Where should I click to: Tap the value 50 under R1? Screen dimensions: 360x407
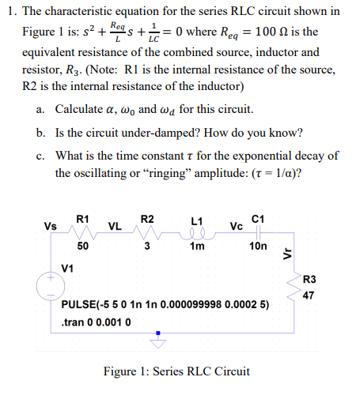pos(82,246)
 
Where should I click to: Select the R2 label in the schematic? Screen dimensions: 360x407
pos(147,217)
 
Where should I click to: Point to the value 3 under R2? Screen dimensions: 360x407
pos(146,246)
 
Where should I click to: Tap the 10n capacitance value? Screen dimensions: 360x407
pos(258,246)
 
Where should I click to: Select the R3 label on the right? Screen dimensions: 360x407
pos(309,277)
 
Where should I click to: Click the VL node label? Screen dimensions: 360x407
pos(114,226)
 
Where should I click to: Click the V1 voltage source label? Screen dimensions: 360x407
pos(68,267)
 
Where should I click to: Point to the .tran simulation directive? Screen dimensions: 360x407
pos(96,322)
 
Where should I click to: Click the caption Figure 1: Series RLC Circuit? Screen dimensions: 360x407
pos(177,371)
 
